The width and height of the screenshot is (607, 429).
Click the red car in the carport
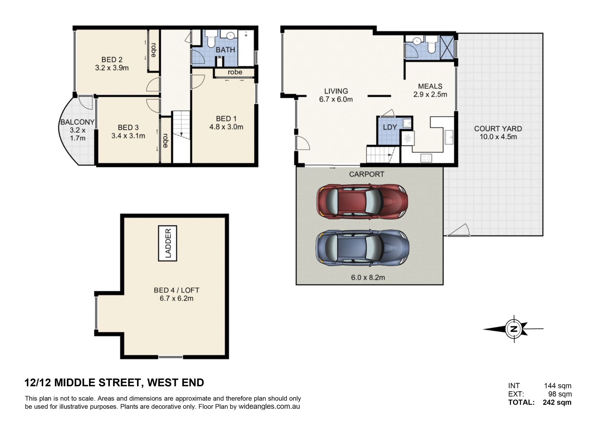pos(362,202)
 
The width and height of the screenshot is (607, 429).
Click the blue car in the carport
pos(362,248)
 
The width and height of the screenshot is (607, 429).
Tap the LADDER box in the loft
pos(168,243)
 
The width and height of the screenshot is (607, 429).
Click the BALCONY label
pos(77,122)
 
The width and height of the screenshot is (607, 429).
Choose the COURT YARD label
pos(498,129)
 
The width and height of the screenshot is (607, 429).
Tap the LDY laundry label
pos(390,127)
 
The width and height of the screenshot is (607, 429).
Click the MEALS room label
pos(430,86)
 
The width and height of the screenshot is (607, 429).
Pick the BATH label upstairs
pos(225,50)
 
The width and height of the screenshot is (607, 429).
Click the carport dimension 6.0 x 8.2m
pos(368,277)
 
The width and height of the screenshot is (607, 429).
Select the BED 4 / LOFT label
pos(176,290)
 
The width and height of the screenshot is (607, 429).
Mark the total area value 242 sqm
pos(557,402)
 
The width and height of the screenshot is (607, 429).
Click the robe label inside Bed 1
pos(235,72)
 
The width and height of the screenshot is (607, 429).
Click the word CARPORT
pos(366,174)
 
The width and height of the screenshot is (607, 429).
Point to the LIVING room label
pos(336,91)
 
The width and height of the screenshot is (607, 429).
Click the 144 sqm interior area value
pos(558,386)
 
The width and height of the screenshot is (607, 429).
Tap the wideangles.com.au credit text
pos(269,407)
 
